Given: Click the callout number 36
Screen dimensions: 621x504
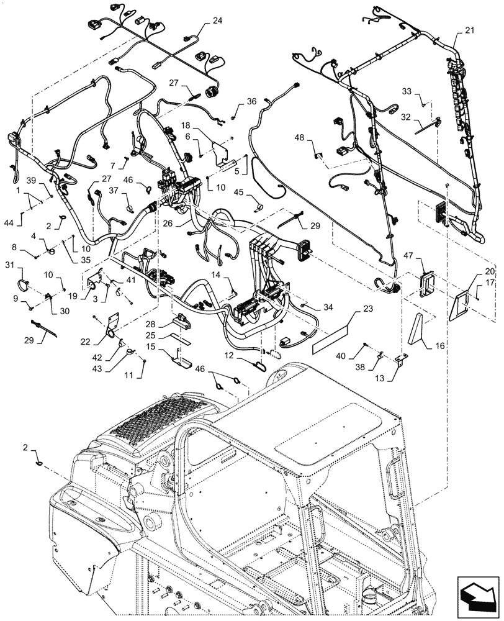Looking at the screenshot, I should click(x=251, y=101).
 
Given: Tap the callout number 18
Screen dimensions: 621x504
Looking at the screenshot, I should click(x=186, y=125).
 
